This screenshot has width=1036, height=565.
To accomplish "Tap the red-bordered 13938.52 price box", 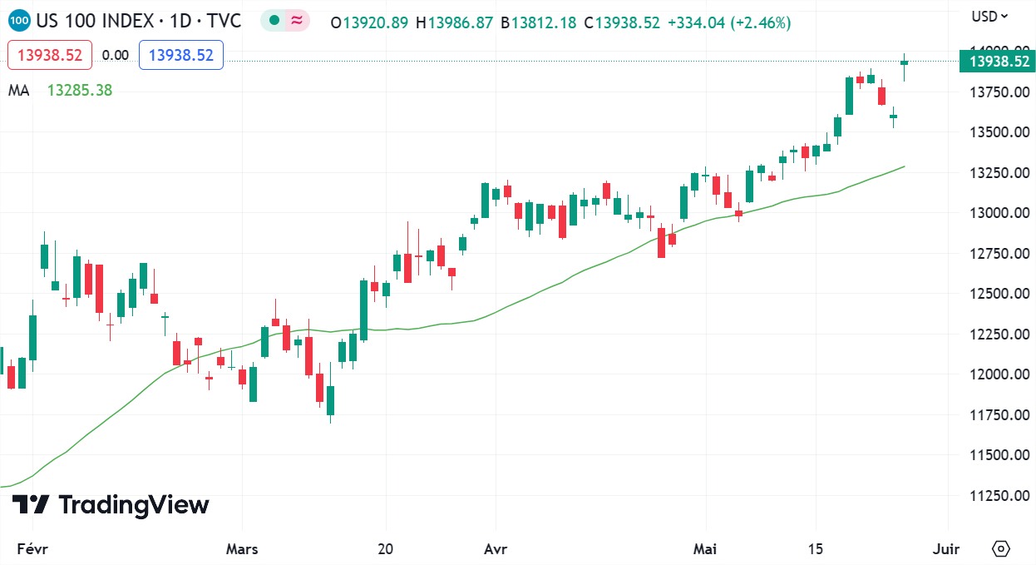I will [49, 55].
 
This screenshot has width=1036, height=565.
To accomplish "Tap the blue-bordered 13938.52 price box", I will [180, 55].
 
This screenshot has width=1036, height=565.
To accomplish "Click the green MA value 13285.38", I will [79, 91].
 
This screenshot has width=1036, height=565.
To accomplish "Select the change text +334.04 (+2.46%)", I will [728, 22].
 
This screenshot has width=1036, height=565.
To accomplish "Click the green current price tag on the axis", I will [997, 62].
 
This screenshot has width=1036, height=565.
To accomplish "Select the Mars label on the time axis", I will [242, 549].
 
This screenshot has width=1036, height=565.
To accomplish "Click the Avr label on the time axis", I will [496, 549].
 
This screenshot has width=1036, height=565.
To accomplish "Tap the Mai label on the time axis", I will [705, 549].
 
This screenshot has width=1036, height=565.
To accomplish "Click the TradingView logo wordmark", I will [111, 505].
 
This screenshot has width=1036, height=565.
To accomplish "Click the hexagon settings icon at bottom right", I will [1001, 549].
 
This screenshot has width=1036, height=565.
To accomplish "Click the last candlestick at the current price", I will [904, 63].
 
